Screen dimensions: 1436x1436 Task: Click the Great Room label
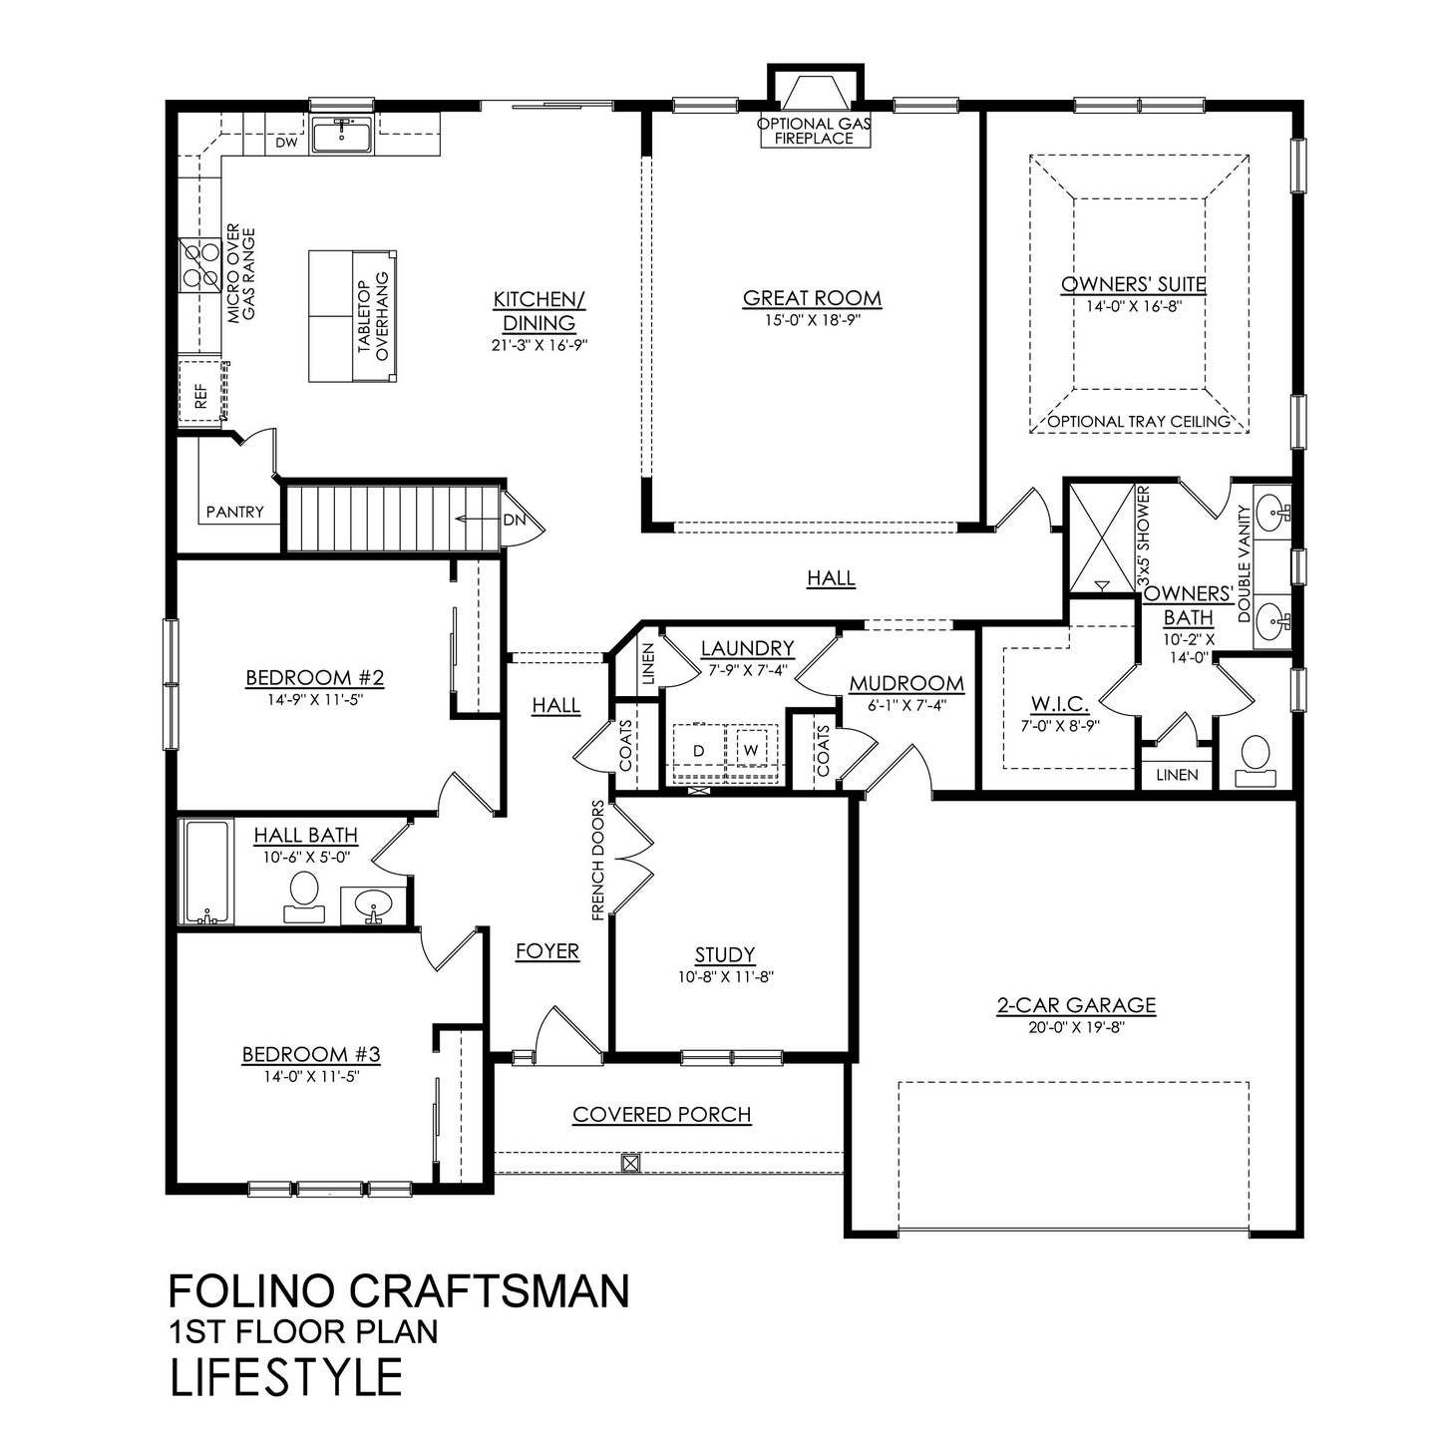click(x=812, y=297)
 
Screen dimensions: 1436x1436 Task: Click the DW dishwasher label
click(x=287, y=144)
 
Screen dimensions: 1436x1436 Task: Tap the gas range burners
click(x=198, y=266)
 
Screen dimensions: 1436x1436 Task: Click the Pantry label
click(x=235, y=512)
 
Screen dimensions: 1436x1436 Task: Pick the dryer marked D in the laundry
click(x=699, y=749)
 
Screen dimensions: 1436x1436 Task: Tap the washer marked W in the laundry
click(x=750, y=749)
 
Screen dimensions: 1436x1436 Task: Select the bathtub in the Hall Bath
click(x=205, y=872)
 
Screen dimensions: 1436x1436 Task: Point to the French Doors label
click(x=598, y=859)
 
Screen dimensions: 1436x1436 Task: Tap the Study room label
click(x=725, y=954)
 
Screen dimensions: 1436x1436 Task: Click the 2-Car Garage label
click(x=1075, y=1004)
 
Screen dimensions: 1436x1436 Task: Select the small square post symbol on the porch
click(x=629, y=1162)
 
